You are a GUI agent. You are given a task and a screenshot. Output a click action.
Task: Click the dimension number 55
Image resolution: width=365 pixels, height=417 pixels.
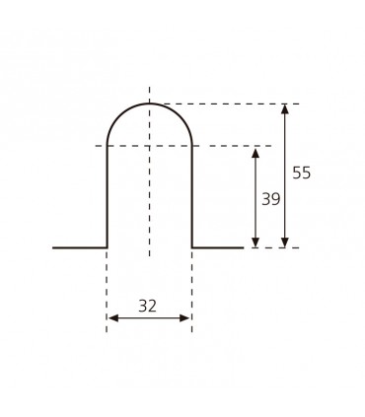pyautogui.click(x=301, y=173)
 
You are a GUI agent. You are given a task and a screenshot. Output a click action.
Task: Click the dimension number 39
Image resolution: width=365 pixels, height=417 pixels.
pyautogui.click(x=271, y=199)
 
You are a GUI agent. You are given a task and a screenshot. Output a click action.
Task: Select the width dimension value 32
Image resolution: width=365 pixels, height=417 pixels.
pyautogui.click(x=147, y=306)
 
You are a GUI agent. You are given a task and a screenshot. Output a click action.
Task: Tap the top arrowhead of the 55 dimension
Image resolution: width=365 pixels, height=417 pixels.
pyautogui.click(x=285, y=108)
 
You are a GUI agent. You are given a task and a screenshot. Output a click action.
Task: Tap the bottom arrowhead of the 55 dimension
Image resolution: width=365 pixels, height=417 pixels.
pyautogui.click(x=285, y=243)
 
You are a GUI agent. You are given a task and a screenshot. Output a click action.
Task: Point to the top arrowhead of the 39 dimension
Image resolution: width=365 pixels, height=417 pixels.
pyautogui.click(x=255, y=153)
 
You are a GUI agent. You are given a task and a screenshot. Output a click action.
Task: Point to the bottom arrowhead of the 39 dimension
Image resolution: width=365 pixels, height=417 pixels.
pyautogui.click(x=255, y=243)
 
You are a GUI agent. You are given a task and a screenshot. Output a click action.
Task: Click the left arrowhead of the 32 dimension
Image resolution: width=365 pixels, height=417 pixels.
pyautogui.click(x=113, y=318)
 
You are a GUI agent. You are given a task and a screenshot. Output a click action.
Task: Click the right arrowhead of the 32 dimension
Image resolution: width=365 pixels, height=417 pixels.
pyautogui.click(x=184, y=318)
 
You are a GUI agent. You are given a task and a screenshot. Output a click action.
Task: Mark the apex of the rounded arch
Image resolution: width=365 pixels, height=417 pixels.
pyautogui.click(x=150, y=104)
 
